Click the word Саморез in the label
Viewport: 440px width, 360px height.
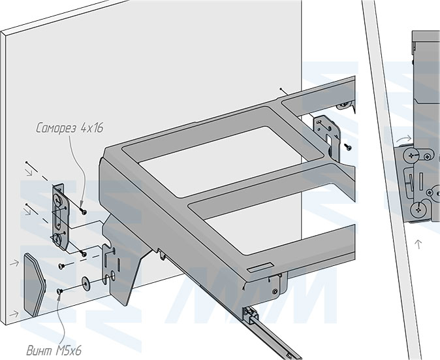[56, 128]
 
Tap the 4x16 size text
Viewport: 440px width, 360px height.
[92, 128]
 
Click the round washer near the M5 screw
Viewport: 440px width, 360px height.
[86, 282]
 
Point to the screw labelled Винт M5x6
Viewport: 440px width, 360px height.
[59, 292]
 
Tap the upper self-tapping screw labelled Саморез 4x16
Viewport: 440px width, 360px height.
[83, 211]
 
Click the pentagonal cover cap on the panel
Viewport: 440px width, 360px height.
[34, 284]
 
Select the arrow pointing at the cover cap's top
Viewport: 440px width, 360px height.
[14, 263]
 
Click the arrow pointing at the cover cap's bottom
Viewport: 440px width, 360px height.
[14, 314]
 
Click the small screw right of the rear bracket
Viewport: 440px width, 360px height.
[349, 146]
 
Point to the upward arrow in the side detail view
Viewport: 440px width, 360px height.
[418, 244]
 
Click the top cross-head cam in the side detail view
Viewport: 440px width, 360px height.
[411, 155]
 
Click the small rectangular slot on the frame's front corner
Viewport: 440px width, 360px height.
[260, 267]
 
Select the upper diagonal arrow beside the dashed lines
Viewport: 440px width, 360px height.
[29, 172]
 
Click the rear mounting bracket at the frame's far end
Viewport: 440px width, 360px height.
[327, 135]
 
